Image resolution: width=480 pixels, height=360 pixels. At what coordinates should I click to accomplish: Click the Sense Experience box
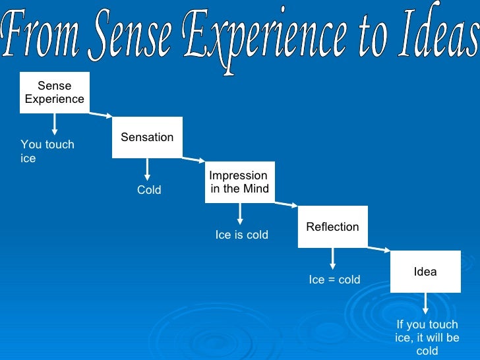point(55,92)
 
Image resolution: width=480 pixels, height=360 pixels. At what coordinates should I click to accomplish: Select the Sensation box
point(147,137)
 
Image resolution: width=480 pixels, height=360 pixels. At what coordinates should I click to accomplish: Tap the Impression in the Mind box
point(239,182)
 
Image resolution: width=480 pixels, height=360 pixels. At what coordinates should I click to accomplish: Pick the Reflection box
point(332,227)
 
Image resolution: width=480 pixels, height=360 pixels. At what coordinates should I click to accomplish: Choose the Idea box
point(425,272)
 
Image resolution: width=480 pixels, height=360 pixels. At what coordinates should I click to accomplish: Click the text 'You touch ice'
point(47,152)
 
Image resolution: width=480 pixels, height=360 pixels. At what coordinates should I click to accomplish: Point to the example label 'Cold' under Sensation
point(149,191)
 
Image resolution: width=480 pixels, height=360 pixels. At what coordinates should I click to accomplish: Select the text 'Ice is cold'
point(242,235)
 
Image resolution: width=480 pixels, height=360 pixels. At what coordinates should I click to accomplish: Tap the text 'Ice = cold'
point(335,280)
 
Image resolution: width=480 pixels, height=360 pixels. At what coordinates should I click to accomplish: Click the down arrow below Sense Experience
point(55,125)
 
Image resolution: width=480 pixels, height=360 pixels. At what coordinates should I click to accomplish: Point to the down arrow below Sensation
point(147,169)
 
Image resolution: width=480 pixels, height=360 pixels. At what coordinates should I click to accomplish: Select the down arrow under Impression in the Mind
point(240,214)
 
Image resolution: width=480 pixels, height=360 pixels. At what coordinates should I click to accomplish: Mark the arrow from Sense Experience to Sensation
point(100,115)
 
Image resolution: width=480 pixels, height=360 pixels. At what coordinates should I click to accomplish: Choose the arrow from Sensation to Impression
point(193,160)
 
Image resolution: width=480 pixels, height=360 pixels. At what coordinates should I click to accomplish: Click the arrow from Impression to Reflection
point(286,204)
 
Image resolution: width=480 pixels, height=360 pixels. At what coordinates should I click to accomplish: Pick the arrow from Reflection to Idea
point(378,249)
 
